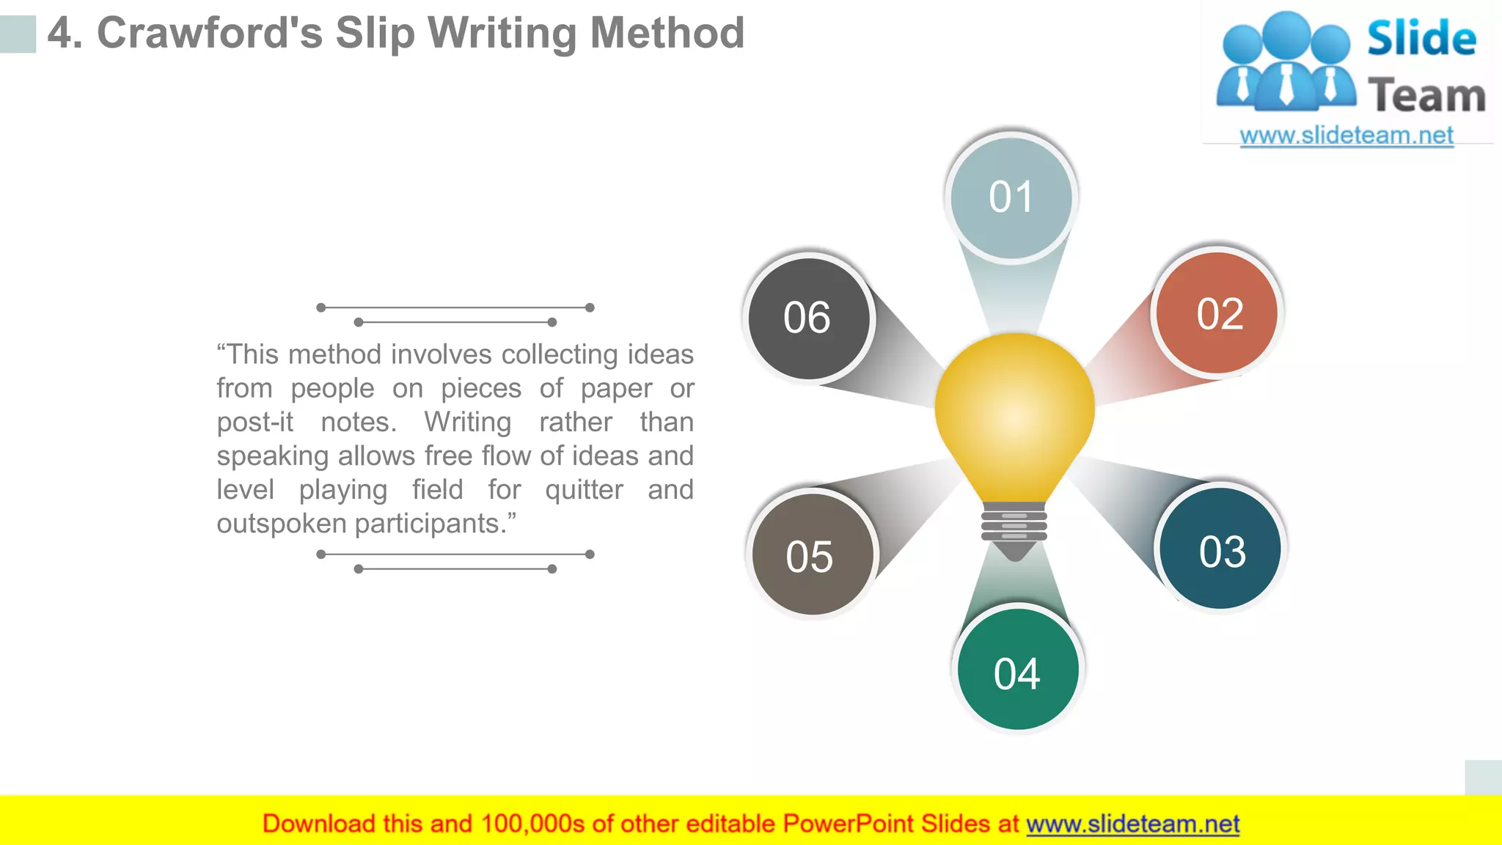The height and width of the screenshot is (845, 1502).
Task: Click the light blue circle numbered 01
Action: tap(1011, 197)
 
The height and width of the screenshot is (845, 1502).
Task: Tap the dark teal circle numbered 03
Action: tap(1221, 549)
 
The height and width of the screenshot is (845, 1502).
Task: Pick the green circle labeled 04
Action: tap(1017, 670)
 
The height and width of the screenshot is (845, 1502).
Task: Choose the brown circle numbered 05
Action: tap(811, 555)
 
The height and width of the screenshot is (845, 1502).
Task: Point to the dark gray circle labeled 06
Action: tap(808, 318)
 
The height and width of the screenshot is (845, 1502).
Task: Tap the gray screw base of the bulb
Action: tap(1014, 524)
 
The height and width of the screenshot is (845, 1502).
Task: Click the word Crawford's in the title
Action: tap(209, 34)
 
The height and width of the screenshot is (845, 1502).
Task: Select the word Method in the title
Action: tap(667, 34)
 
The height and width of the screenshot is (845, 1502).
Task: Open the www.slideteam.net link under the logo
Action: tap(1346, 136)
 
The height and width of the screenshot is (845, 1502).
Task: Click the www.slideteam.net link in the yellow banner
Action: tap(1132, 824)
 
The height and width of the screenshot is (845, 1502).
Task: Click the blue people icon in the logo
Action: tap(1286, 63)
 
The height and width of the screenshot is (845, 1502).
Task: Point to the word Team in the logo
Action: tap(1426, 96)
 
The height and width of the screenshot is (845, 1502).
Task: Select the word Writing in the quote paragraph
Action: tap(467, 422)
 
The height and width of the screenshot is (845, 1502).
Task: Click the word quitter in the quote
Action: tap(584, 490)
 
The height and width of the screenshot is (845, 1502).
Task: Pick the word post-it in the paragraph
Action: tap(254, 422)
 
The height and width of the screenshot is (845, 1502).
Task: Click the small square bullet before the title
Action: tap(18, 34)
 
